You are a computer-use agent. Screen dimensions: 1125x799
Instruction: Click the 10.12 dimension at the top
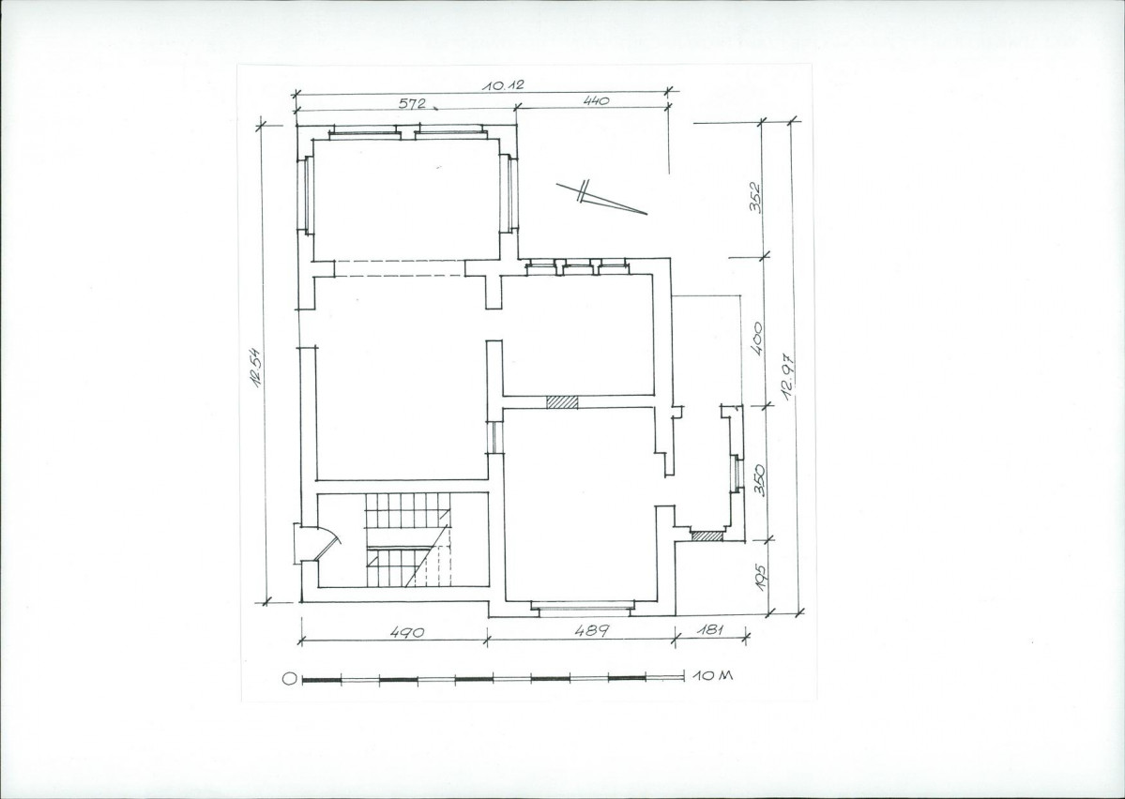coord(503,84)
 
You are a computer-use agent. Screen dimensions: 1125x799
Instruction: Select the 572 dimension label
coord(412,103)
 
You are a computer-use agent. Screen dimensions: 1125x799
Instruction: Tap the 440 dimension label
coord(596,101)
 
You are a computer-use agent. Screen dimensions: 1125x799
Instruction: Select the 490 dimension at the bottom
coord(407,632)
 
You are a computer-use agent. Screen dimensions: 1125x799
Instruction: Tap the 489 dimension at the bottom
coord(593,630)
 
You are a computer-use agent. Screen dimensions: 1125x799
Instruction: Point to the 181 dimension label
coord(709,630)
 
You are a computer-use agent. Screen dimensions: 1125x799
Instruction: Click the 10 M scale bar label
coord(713,675)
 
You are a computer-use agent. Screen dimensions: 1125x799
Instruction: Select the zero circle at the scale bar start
coord(289,679)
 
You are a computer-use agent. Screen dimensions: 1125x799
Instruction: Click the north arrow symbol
coord(602,198)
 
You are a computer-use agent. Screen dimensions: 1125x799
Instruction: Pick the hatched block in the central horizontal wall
coord(562,402)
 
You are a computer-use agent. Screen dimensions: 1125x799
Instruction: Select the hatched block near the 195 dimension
coord(707,535)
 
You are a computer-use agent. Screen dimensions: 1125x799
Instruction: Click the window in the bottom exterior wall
coord(582,609)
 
